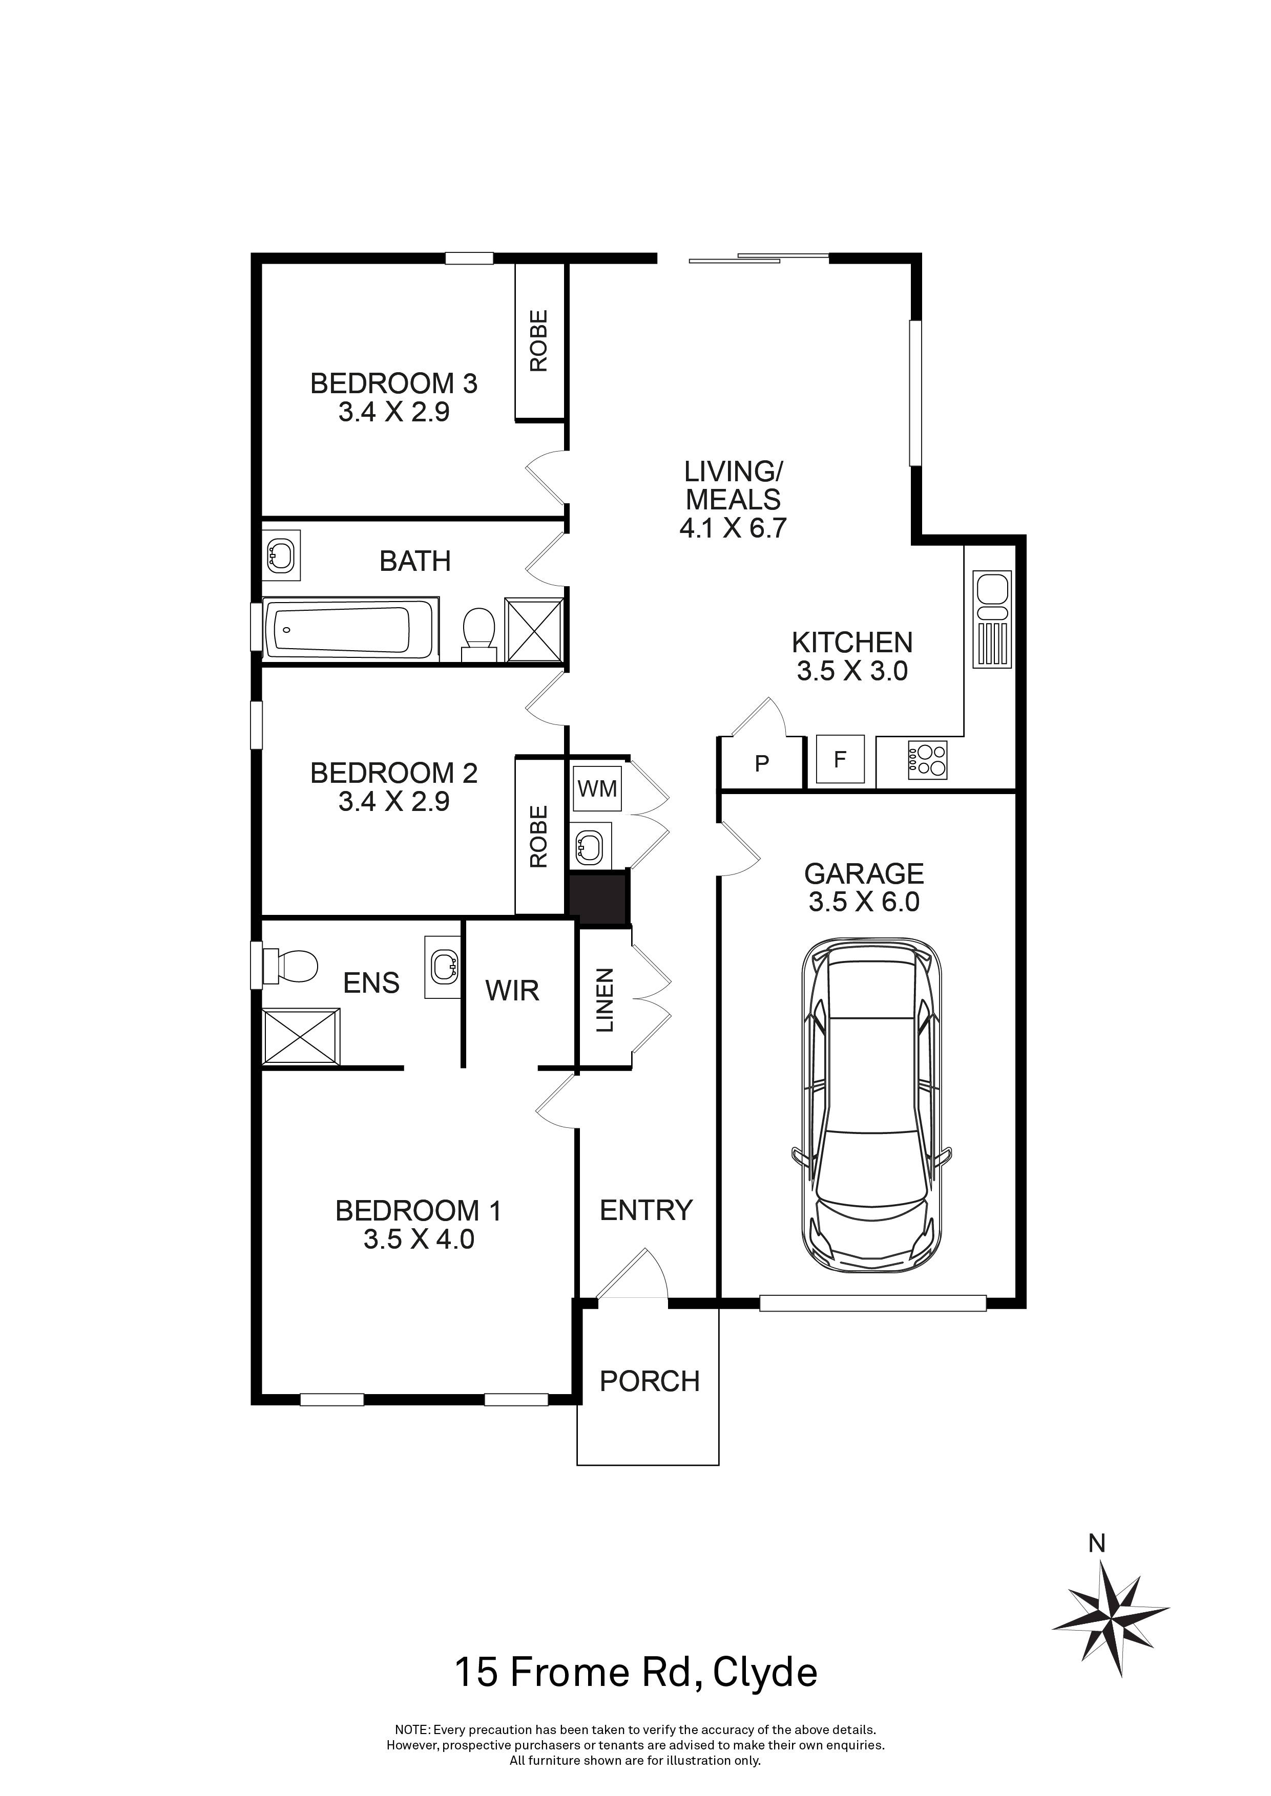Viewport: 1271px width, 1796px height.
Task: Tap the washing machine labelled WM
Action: [598, 788]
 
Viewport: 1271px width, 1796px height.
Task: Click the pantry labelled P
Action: [761, 763]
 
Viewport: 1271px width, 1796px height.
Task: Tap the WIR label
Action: [513, 991]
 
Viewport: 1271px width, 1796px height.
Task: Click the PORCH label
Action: [650, 1381]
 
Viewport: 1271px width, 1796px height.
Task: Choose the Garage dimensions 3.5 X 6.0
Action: [864, 902]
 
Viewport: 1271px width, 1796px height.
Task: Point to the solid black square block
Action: [599, 899]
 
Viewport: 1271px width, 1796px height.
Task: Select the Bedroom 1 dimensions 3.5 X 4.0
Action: [419, 1239]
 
